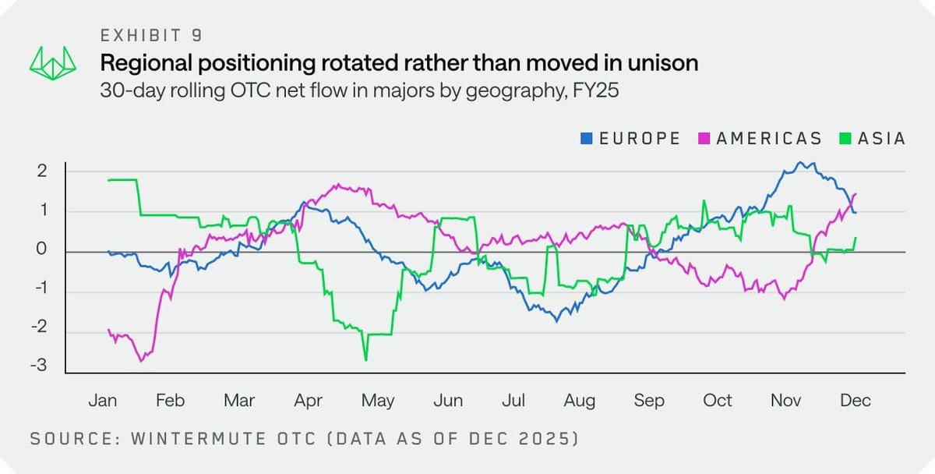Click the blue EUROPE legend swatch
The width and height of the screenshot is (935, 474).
tap(586, 139)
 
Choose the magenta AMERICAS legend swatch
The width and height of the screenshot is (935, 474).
tap(704, 139)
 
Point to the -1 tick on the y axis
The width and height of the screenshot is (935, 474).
tap(40, 292)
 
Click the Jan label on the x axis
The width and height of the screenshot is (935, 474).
tap(102, 401)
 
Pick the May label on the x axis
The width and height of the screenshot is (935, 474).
tap(378, 401)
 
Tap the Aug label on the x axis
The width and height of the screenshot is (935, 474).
tap(580, 401)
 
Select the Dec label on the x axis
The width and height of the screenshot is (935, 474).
tap(855, 401)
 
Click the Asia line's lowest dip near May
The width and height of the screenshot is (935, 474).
tap(365, 359)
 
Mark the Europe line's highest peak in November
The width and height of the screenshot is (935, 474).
tap(799, 163)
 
